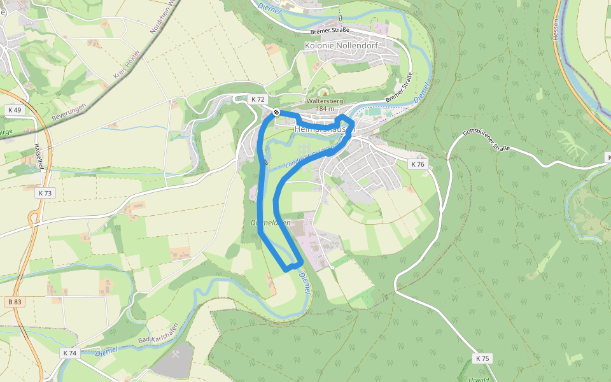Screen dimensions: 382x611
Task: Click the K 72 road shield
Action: pos(257,99)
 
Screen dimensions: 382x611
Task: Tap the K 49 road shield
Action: pos(14,110)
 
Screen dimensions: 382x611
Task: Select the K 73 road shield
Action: pos(45,192)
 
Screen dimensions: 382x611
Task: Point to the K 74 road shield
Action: pos(70,353)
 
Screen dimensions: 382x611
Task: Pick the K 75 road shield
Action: pos(483,358)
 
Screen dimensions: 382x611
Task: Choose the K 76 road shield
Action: pos(417,164)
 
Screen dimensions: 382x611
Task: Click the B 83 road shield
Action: pos(16,301)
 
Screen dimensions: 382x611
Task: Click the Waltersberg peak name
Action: pos(325,101)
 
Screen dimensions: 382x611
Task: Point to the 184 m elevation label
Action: pos(325,109)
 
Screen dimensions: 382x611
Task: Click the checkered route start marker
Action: pos(276,113)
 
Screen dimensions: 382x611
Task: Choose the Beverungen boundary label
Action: pos(69,111)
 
